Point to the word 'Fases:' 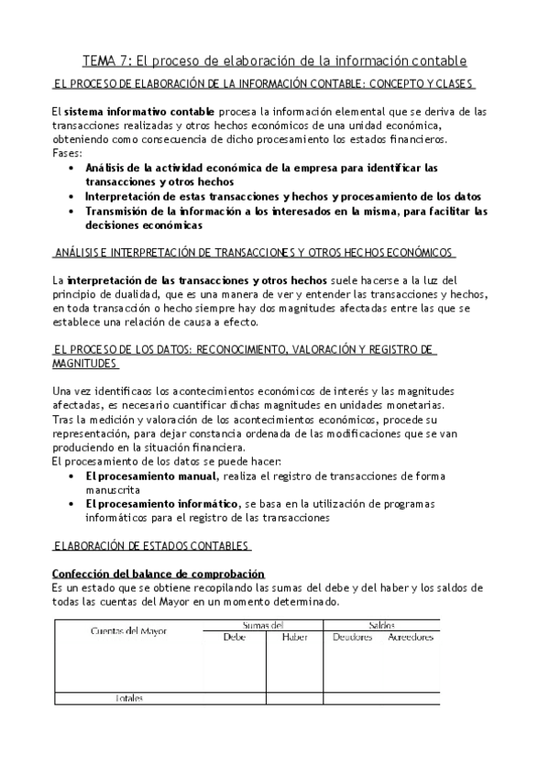tap(67, 153)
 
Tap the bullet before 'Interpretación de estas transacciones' tap(72, 196)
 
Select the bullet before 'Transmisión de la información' tap(72, 211)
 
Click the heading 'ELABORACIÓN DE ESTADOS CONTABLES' tap(152, 546)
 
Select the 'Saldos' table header tap(381, 624)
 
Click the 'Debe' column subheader tap(236, 637)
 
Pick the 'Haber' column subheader tap(294, 637)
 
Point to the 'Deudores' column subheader tap(353, 637)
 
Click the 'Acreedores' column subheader tap(410, 637)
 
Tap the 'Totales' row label tap(128, 697)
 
